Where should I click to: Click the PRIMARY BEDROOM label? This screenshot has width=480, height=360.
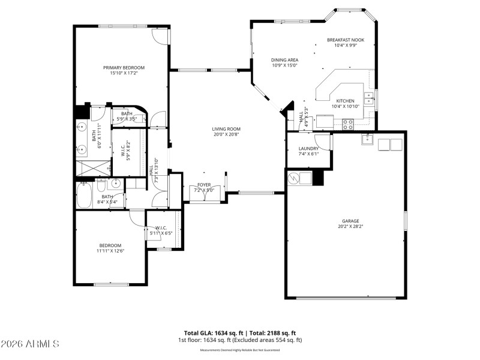tap(124, 68)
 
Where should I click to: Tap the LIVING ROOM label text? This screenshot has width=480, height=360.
tap(226, 129)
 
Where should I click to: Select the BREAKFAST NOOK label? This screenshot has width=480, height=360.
tap(345, 40)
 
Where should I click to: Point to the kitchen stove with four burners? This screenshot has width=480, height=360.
tap(347, 124)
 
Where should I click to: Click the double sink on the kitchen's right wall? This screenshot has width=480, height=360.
tap(373, 100)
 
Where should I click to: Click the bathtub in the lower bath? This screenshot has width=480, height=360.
tap(83, 196)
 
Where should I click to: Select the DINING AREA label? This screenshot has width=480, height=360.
tap(285, 60)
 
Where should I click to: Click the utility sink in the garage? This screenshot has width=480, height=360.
tap(367, 139)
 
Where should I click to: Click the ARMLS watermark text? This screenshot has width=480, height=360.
tap(30, 344)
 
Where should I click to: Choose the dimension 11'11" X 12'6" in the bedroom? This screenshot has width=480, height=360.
tap(110, 251)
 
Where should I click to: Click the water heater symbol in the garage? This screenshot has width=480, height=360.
tap(294, 178)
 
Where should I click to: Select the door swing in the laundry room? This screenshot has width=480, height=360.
tap(324, 142)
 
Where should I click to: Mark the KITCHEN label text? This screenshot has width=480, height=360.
tap(345, 101)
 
